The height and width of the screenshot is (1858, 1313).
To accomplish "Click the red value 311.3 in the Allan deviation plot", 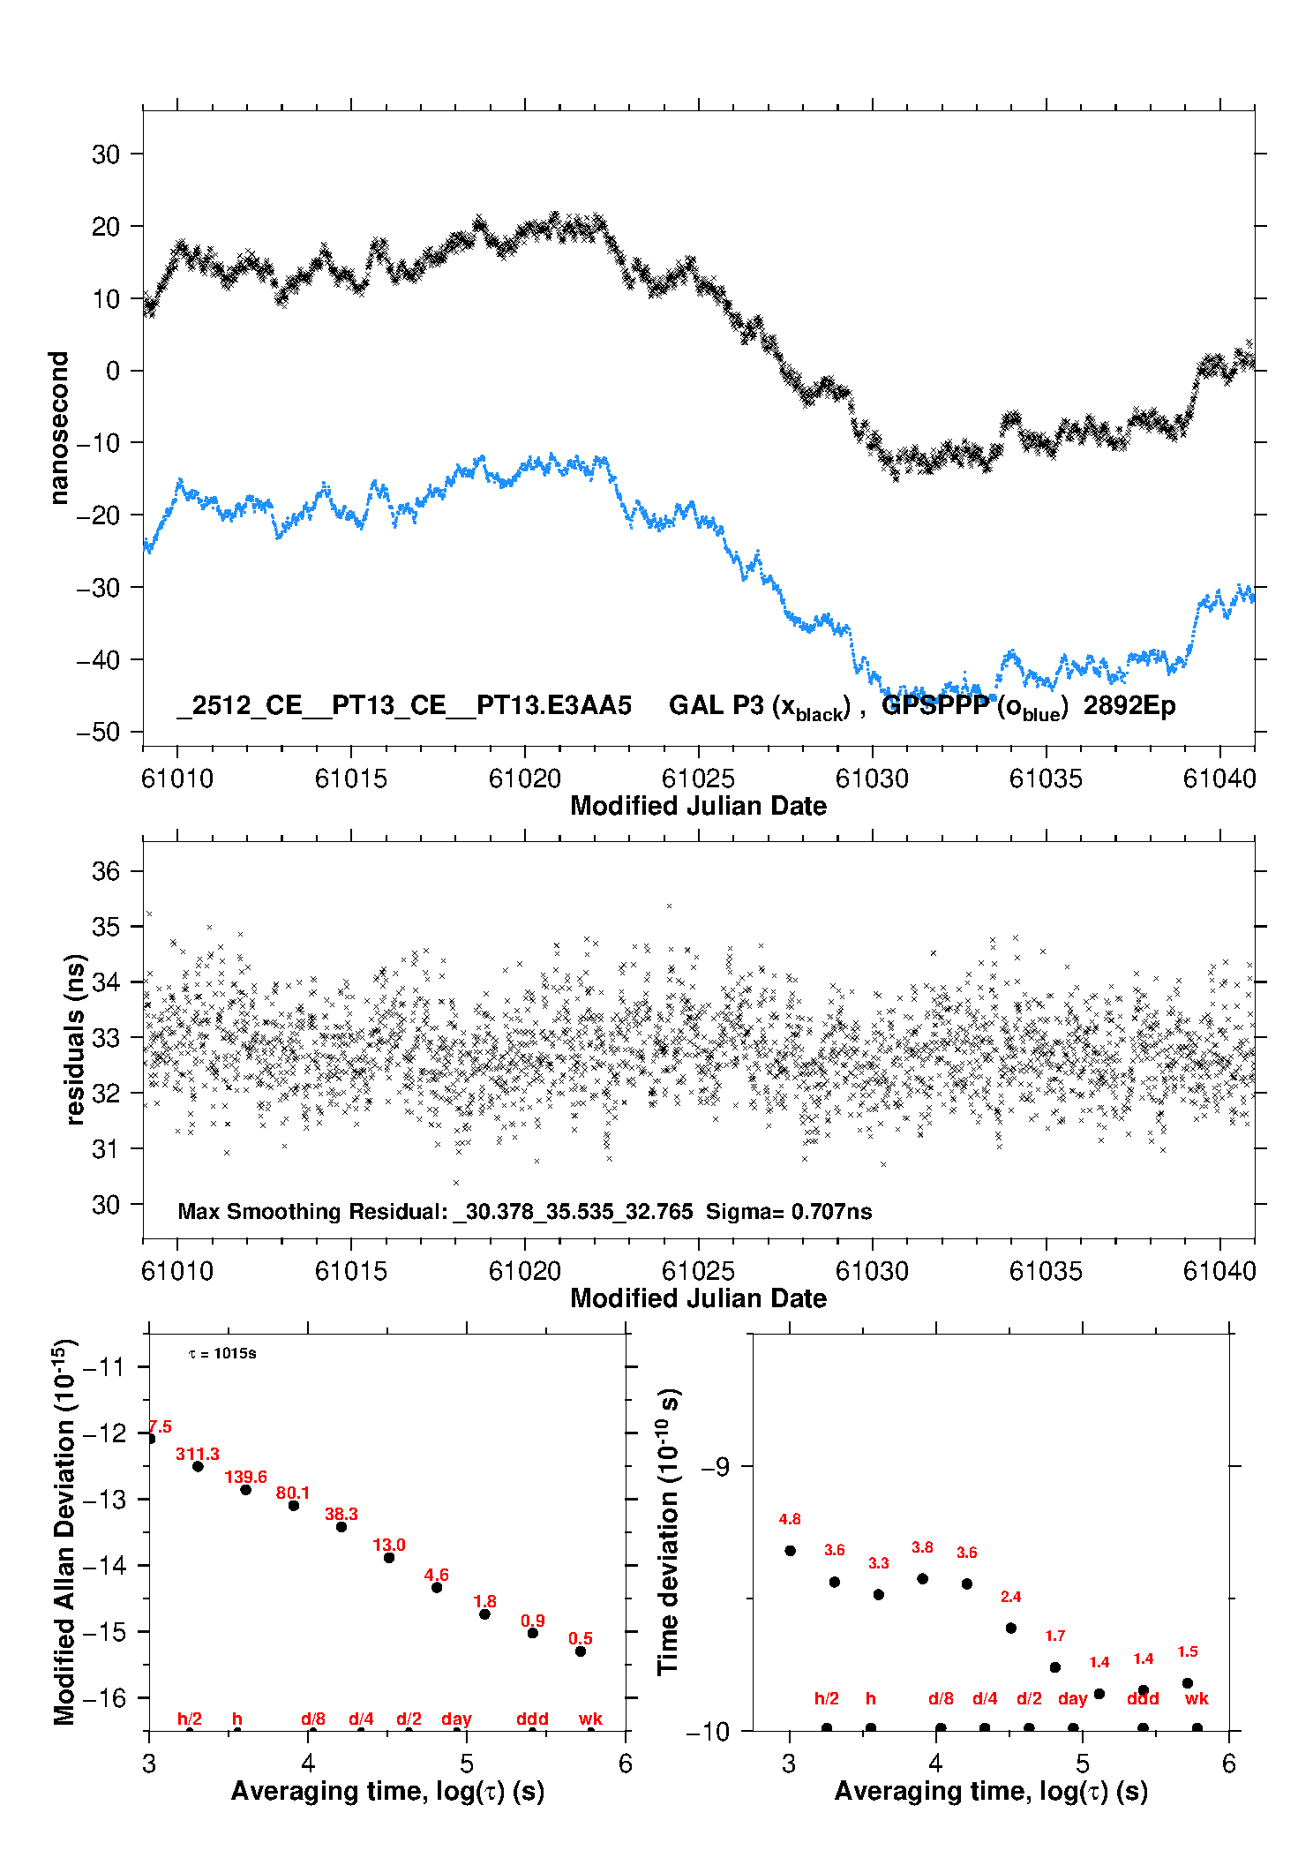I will tap(197, 1454).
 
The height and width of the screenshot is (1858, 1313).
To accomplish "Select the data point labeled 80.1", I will tap(294, 1505).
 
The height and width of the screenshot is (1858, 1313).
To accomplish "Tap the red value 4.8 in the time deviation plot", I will tap(790, 1519).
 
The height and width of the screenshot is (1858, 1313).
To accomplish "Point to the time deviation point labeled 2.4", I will tap(1011, 1628).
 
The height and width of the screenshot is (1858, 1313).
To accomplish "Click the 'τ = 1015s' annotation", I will tap(222, 1354).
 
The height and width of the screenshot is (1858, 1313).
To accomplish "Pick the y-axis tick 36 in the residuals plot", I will tap(106, 871).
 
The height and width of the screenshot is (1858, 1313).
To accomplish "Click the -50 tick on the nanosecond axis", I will tap(98, 732).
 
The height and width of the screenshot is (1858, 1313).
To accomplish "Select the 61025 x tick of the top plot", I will tap(698, 779).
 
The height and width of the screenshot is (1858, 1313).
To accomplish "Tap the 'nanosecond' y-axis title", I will tap(59, 428).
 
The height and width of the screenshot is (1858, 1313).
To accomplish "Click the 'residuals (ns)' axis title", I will tap(75, 1039).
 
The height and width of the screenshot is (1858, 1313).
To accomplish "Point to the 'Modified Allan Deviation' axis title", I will tap(64, 1531).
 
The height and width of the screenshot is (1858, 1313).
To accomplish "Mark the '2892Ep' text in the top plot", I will tap(1129, 706).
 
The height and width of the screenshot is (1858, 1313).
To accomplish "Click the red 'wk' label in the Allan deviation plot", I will tap(590, 1719).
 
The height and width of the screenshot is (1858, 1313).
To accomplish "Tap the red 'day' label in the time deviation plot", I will tap(1072, 1698).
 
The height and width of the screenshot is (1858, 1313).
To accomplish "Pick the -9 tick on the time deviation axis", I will tap(715, 1466).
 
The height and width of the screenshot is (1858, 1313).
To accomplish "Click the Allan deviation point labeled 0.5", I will tap(581, 1651).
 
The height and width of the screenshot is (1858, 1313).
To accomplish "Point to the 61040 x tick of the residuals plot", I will tap(1219, 1271).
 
